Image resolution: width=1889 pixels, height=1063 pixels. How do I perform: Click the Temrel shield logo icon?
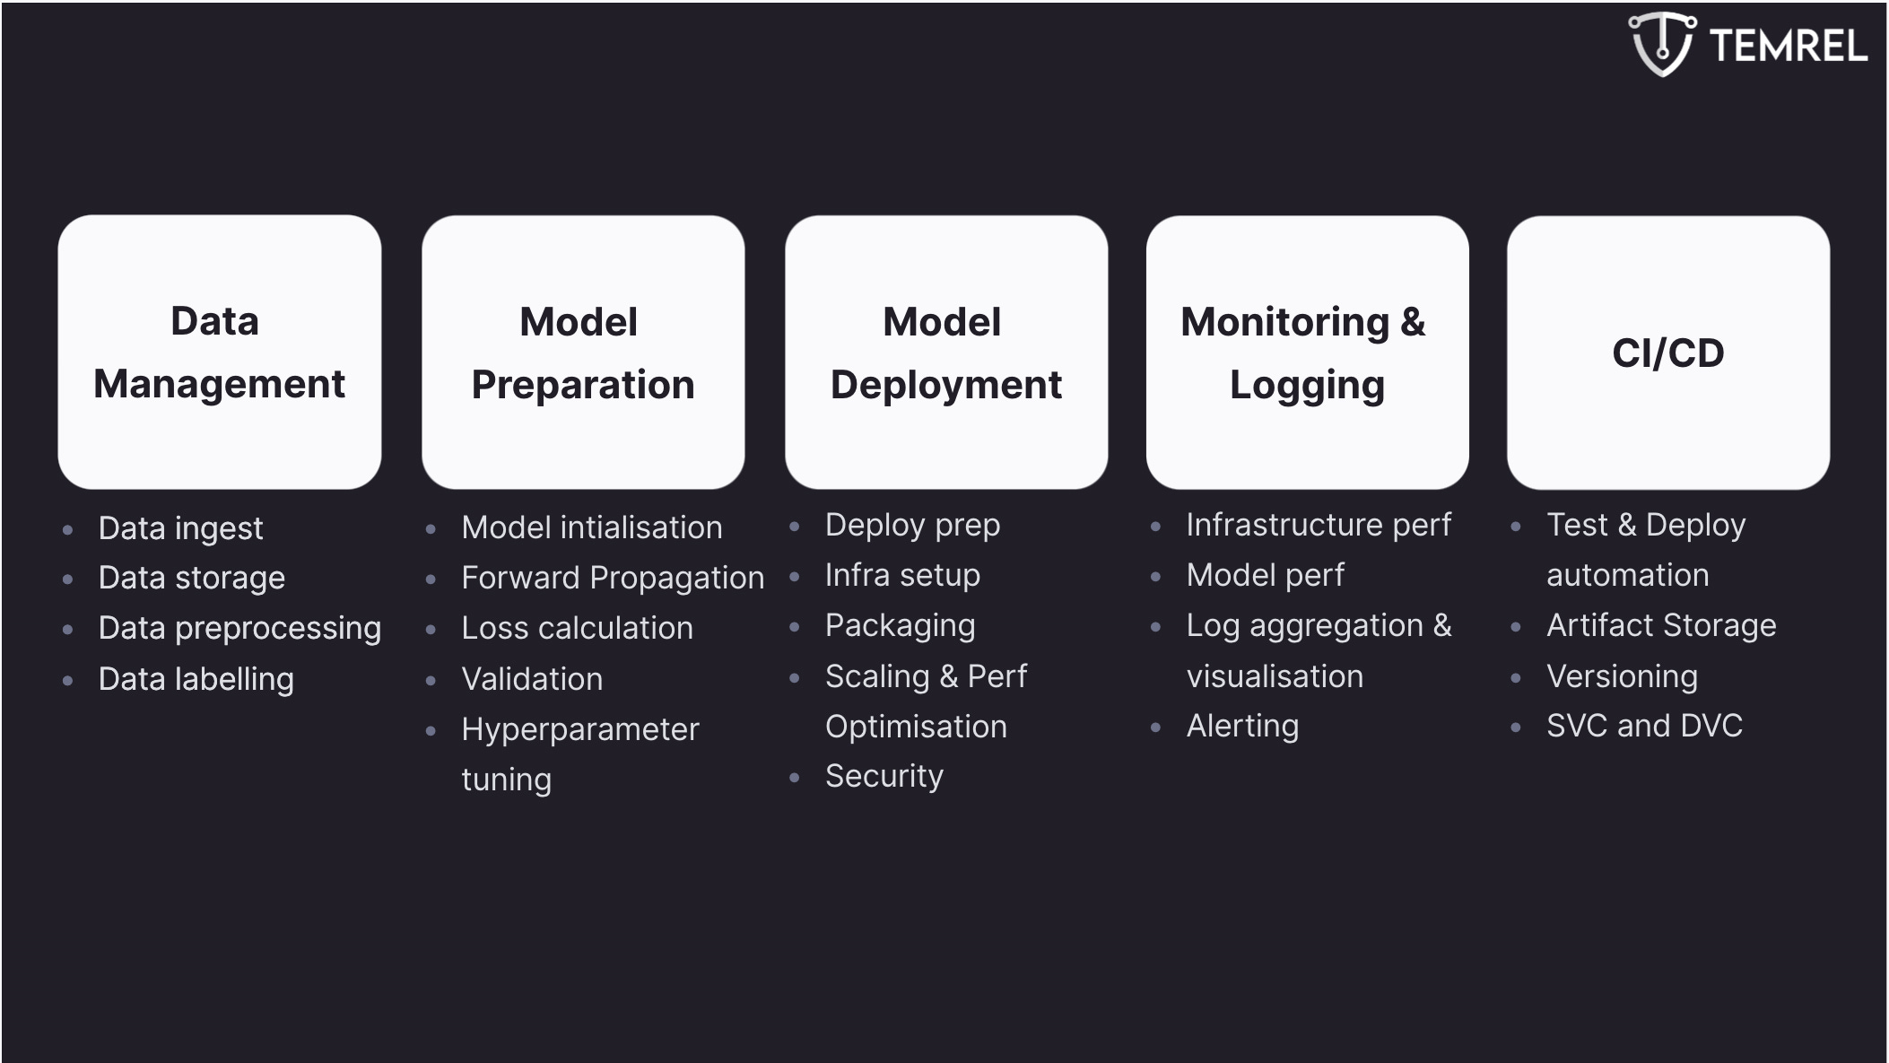coord(1662,43)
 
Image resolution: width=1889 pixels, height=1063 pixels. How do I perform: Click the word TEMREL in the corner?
coord(1789,46)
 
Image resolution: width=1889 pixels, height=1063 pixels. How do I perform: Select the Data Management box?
coord(220,352)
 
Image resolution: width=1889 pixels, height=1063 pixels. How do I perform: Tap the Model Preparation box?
coord(583,352)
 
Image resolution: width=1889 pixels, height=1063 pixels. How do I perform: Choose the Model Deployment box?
coord(946,352)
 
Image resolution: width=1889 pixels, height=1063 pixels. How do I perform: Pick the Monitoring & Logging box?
coord(1307,352)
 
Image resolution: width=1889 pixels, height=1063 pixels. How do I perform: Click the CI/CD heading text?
coord(1667,353)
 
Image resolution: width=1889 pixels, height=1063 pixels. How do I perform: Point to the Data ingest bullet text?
coord(180,528)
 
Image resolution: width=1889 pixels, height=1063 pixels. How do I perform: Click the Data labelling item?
coord(196,679)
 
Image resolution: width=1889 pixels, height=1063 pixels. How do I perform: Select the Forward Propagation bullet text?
coord(613,578)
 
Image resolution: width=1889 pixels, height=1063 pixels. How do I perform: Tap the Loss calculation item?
coord(577,628)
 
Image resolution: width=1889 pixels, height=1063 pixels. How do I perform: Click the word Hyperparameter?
coord(579,729)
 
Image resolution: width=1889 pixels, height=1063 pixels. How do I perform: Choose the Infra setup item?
coord(902,575)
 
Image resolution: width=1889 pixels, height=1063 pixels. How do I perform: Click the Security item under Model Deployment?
coord(884,776)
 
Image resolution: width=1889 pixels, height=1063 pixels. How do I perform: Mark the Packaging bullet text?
coord(900,625)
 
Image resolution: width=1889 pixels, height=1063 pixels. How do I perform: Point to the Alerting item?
coord(1242,726)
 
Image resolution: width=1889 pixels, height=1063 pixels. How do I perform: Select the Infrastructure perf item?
coord(1318,525)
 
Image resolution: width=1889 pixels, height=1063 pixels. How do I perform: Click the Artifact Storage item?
coord(1661,625)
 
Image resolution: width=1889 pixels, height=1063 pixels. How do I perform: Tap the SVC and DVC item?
coord(1644,726)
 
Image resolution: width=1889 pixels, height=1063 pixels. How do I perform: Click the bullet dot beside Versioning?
coord(1516,678)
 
